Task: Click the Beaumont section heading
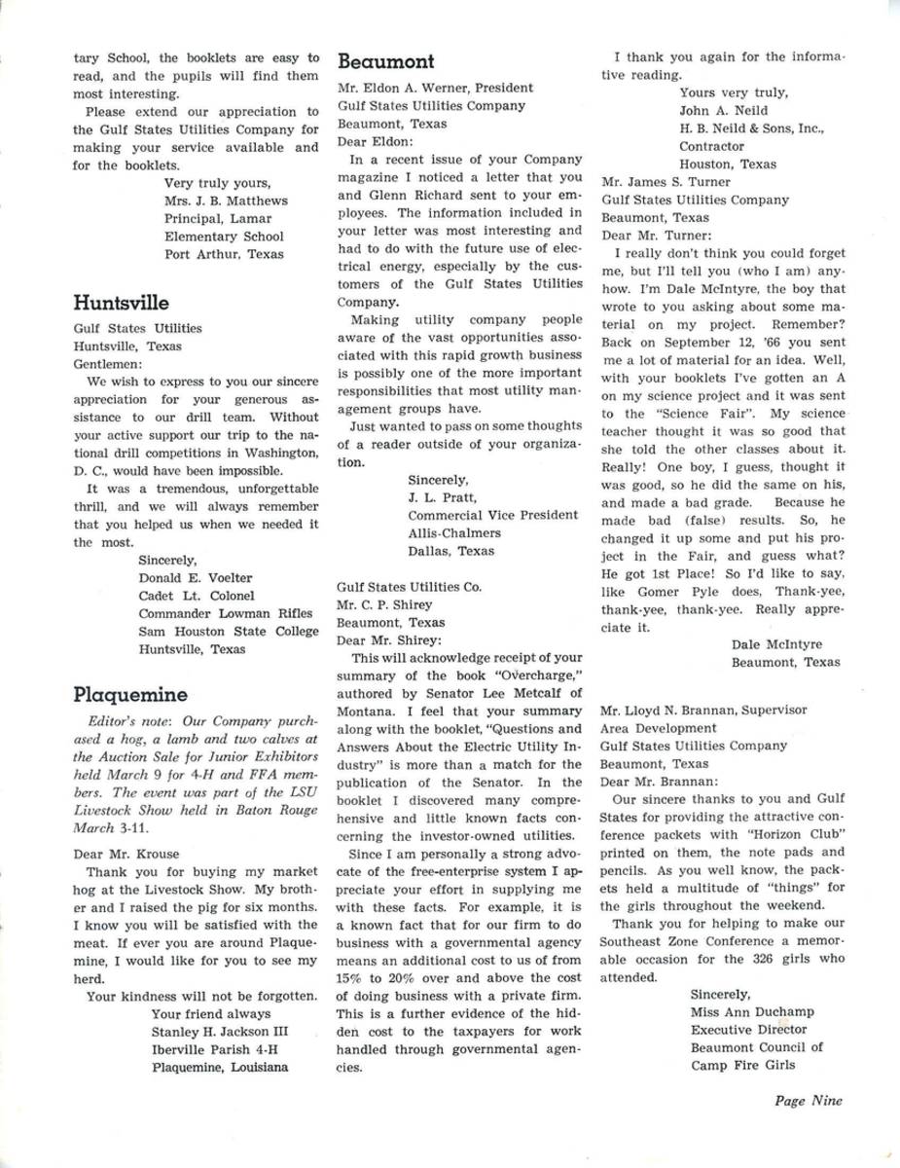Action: (x=385, y=61)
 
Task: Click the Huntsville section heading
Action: (x=121, y=303)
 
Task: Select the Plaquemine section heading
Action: (x=129, y=694)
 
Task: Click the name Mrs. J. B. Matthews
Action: (x=226, y=201)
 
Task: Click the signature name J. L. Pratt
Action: (x=441, y=497)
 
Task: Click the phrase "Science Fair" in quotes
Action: (x=677, y=416)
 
